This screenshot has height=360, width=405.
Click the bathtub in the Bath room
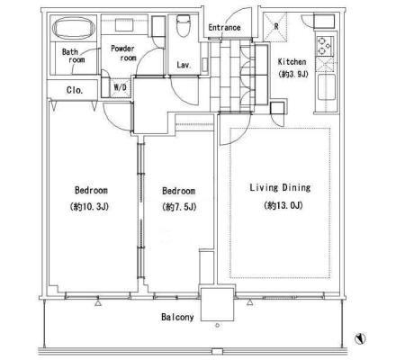pyautogui.click(x=74, y=28)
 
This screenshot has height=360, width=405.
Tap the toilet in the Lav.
pyautogui.click(x=183, y=26)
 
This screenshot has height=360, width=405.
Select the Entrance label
pyautogui.click(x=224, y=28)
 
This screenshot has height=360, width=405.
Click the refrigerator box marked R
pyautogui.click(x=275, y=27)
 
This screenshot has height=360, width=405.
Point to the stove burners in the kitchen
pyautogui.click(x=324, y=46)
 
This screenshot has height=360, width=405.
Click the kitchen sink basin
pyautogui.click(x=326, y=87)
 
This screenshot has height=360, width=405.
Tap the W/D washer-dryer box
pyautogui.click(x=120, y=87)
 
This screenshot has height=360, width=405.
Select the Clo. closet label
pyautogui.click(x=75, y=90)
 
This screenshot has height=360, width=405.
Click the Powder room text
pyautogui.click(x=123, y=53)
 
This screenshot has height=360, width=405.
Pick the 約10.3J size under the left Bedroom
pyautogui.click(x=89, y=207)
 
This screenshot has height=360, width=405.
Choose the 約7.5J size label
pyautogui.click(x=179, y=207)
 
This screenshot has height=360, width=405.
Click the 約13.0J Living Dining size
pyautogui.click(x=283, y=205)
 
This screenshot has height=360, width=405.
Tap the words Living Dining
pyautogui.click(x=280, y=188)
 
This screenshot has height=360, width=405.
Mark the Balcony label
pyautogui.click(x=177, y=317)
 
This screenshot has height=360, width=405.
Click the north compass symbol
pyautogui.click(x=360, y=338)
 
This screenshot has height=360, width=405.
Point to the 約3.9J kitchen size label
pyautogui.click(x=293, y=74)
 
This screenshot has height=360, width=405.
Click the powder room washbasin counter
pyautogui.click(x=125, y=24)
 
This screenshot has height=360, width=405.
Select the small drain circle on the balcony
pyautogui.click(x=217, y=325)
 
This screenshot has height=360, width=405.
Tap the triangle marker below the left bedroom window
pyautogui.click(x=98, y=303)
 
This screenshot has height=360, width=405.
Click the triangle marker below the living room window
pyautogui.click(x=250, y=302)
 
